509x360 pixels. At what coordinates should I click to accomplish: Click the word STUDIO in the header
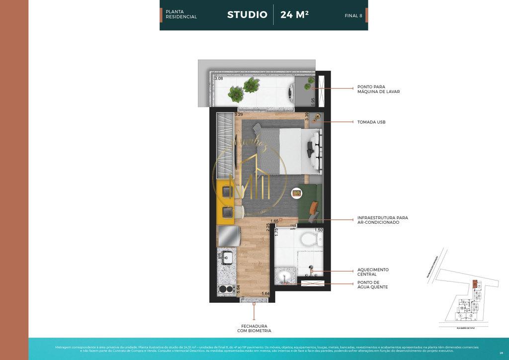point(247,14)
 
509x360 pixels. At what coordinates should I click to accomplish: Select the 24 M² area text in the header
point(294,14)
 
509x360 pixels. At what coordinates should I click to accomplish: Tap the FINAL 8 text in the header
point(353,16)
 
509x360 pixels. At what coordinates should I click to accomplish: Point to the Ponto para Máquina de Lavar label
point(378,89)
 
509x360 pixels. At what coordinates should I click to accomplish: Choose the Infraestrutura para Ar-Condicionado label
point(382,220)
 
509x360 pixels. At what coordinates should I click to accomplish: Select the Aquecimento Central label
point(373,272)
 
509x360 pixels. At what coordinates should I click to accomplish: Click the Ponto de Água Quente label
point(372,285)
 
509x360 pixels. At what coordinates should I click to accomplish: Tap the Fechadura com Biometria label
point(254,328)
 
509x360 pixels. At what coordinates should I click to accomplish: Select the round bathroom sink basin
point(285,276)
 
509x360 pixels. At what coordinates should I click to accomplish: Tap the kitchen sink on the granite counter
point(228,258)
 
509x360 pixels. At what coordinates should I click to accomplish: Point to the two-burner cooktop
point(227,289)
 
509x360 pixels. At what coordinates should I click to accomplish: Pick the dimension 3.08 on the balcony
point(219,79)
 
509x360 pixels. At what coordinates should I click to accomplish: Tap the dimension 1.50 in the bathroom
point(319,230)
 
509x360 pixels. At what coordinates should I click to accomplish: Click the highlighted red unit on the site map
point(475,284)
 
